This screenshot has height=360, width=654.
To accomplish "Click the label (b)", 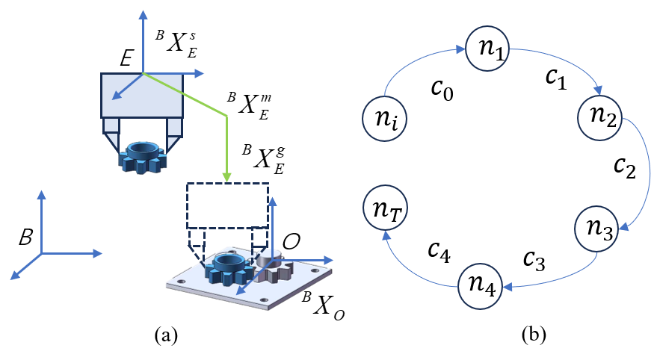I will tap(533, 335).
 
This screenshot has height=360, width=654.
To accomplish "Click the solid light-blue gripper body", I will tap(142, 96).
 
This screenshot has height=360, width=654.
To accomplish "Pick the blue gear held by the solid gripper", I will tap(142, 157).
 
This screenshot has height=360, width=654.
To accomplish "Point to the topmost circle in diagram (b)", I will tap(487, 47).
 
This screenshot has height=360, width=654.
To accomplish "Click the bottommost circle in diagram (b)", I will tap(480, 287).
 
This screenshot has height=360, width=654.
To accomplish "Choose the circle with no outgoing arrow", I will tap(385, 207).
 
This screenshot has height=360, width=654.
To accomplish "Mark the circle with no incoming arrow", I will tap(384, 118).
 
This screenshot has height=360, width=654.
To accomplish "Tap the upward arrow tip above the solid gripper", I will tap(142, 13).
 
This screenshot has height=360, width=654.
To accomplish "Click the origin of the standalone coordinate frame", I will tap(42, 254).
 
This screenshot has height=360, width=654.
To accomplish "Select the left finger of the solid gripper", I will tap(111, 139).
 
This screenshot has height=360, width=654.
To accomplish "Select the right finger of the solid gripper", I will tap(174, 139).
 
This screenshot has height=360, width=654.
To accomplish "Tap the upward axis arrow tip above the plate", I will tap(272, 202).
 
